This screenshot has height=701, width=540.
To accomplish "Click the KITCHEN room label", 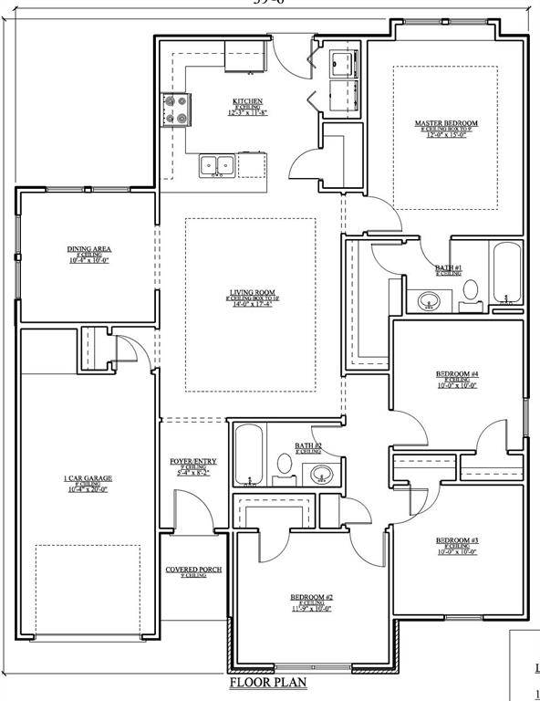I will [x=247, y=101].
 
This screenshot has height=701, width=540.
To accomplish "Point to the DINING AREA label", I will [x=89, y=249].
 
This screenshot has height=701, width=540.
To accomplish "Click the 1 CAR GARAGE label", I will [x=88, y=478].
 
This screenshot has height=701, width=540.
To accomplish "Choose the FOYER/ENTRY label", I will [x=192, y=462].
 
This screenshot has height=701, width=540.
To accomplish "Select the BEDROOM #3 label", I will [x=457, y=540].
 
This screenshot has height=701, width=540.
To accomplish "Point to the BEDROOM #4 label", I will [x=457, y=374].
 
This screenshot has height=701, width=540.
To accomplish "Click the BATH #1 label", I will [x=448, y=267].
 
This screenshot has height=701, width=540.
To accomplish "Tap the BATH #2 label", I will [x=307, y=446].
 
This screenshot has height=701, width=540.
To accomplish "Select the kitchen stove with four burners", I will [x=175, y=110].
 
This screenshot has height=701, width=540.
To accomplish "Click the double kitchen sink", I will [x=218, y=165].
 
